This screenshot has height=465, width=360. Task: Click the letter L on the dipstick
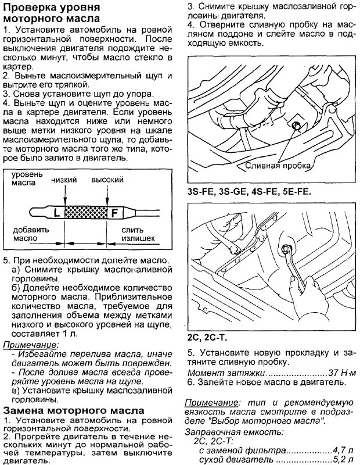pos(56,212)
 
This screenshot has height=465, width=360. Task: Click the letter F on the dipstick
pos(114,212)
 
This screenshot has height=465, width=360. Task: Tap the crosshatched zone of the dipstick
pos(85,212)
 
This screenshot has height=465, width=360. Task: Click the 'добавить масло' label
pos(26,234)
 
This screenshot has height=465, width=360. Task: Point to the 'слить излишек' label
pos(138,234)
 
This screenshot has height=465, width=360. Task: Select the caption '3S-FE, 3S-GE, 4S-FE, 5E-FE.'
pos(249,191)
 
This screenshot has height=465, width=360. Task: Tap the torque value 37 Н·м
pos(341,371)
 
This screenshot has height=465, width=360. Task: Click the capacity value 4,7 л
pos(341,449)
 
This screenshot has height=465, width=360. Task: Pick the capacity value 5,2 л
pos(341,459)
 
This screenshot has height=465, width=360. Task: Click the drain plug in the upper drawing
pos(297,126)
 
